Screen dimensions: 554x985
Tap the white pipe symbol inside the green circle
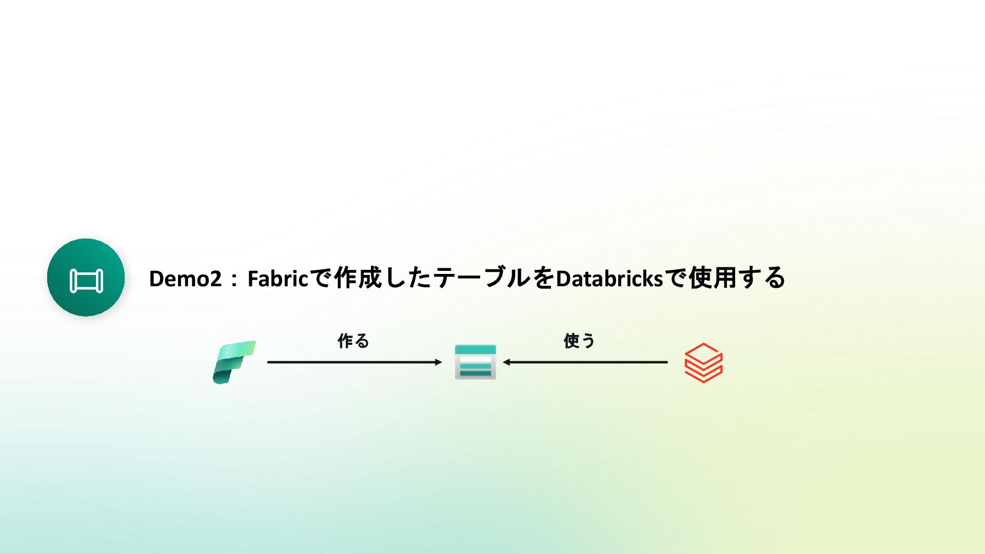point(86,281)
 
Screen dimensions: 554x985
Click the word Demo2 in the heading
point(185,279)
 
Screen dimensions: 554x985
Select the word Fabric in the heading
point(278,279)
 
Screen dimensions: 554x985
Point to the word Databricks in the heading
point(609,279)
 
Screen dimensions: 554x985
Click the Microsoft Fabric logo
point(234,362)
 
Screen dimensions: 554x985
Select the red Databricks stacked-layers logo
point(703,363)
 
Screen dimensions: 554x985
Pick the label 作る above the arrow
point(353,341)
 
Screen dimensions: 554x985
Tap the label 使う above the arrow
point(579,341)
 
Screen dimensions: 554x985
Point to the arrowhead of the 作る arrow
point(439,362)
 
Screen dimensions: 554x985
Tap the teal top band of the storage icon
point(475,350)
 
